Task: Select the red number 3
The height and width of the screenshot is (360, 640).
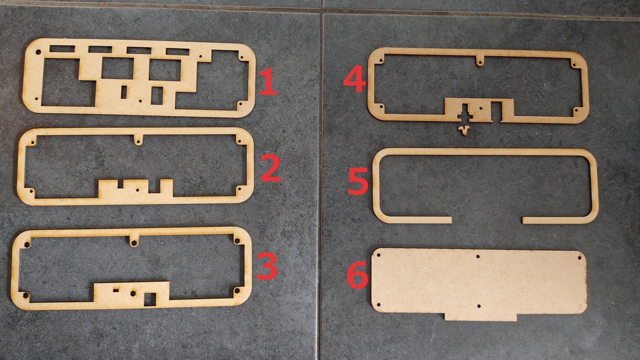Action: tap(267, 266)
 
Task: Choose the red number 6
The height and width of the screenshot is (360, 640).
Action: tap(357, 275)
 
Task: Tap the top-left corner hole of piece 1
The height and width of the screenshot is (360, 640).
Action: tap(38, 52)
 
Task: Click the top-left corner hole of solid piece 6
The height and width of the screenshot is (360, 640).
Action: tap(379, 255)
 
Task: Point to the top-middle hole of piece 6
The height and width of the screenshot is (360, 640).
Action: tap(478, 257)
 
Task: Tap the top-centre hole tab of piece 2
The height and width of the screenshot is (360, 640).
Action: tap(137, 142)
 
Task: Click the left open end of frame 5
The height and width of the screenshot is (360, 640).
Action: tap(450, 220)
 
